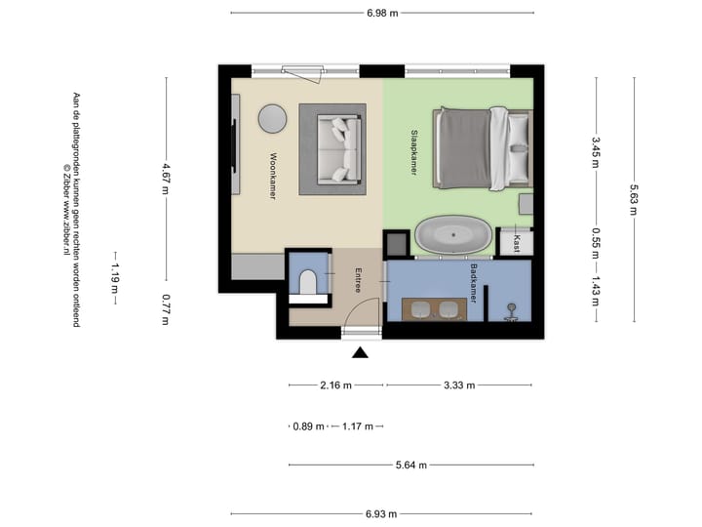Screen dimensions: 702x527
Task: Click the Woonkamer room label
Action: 273,176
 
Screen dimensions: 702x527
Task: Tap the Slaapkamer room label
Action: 414,152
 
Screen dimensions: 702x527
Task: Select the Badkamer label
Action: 473,284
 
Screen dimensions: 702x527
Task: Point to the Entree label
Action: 358,280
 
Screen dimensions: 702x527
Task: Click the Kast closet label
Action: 517,243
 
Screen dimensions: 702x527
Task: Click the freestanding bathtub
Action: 453,235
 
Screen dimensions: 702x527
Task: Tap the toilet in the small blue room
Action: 308,282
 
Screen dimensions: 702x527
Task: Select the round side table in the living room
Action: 272,119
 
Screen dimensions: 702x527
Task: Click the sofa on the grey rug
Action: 339,149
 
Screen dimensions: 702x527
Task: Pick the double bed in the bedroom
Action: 483,148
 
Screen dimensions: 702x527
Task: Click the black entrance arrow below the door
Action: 360,352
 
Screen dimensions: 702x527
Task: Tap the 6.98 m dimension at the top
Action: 382,13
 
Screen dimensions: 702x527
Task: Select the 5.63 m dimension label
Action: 634,200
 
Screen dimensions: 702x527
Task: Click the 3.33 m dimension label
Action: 459,385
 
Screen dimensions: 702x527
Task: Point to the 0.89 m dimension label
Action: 308,426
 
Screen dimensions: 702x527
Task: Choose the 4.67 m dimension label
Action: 166,179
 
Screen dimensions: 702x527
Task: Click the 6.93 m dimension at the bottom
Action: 381,514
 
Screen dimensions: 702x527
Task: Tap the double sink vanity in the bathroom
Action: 434,309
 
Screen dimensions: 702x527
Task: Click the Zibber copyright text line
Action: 66,209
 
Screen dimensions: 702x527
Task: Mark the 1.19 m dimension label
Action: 115,278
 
